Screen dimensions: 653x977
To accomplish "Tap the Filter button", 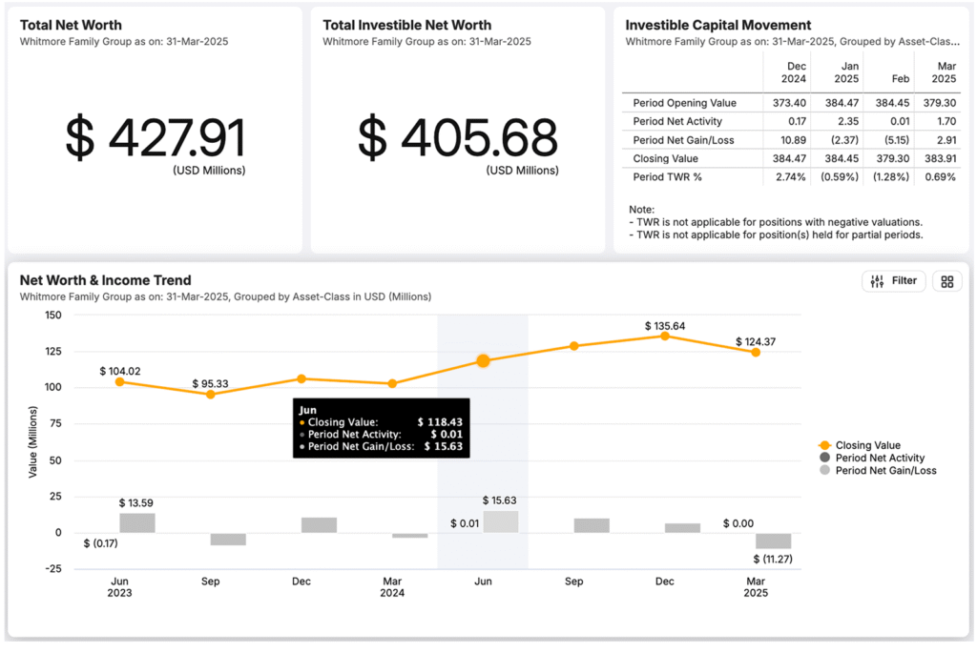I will (893, 281).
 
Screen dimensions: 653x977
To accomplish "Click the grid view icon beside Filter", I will (946, 281).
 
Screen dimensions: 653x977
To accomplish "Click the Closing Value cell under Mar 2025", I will (939, 158).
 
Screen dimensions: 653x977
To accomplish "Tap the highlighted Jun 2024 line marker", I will (483, 361).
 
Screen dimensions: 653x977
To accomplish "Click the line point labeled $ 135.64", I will (665, 336).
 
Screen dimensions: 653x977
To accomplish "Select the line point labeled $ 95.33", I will (210, 394).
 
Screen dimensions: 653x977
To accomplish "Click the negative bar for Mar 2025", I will (774, 541).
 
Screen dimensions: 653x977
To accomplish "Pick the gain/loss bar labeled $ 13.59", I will (137, 522).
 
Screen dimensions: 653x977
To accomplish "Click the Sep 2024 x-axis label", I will (574, 582).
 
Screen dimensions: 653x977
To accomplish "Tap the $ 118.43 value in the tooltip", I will (440, 421).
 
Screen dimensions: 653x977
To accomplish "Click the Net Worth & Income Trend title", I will (106, 280).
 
